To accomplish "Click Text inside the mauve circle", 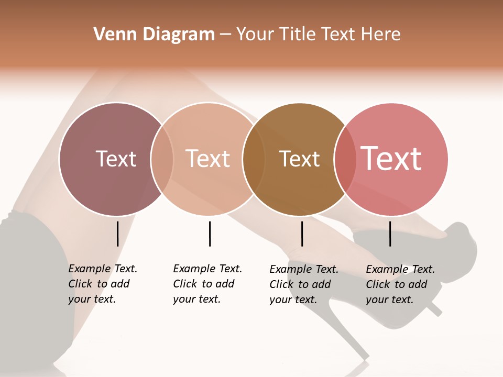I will [x=116, y=159].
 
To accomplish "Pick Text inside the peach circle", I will [x=207, y=159].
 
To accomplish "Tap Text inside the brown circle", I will [x=299, y=159].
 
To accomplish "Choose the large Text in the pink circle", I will [x=391, y=159].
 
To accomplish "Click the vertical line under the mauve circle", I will [x=117, y=234].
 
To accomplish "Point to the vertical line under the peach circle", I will [x=210, y=234].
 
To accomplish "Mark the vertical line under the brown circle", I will [x=302, y=234].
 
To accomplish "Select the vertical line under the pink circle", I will [x=390, y=234].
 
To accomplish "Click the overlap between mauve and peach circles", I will [x=162, y=159].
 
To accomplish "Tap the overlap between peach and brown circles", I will [x=254, y=159].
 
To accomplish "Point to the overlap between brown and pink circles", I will [x=345, y=159].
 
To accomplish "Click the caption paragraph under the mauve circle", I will [x=102, y=284].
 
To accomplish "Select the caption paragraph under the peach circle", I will [x=207, y=284].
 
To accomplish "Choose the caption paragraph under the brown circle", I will [x=303, y=284].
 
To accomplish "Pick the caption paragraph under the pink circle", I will [x=400, y=284].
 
